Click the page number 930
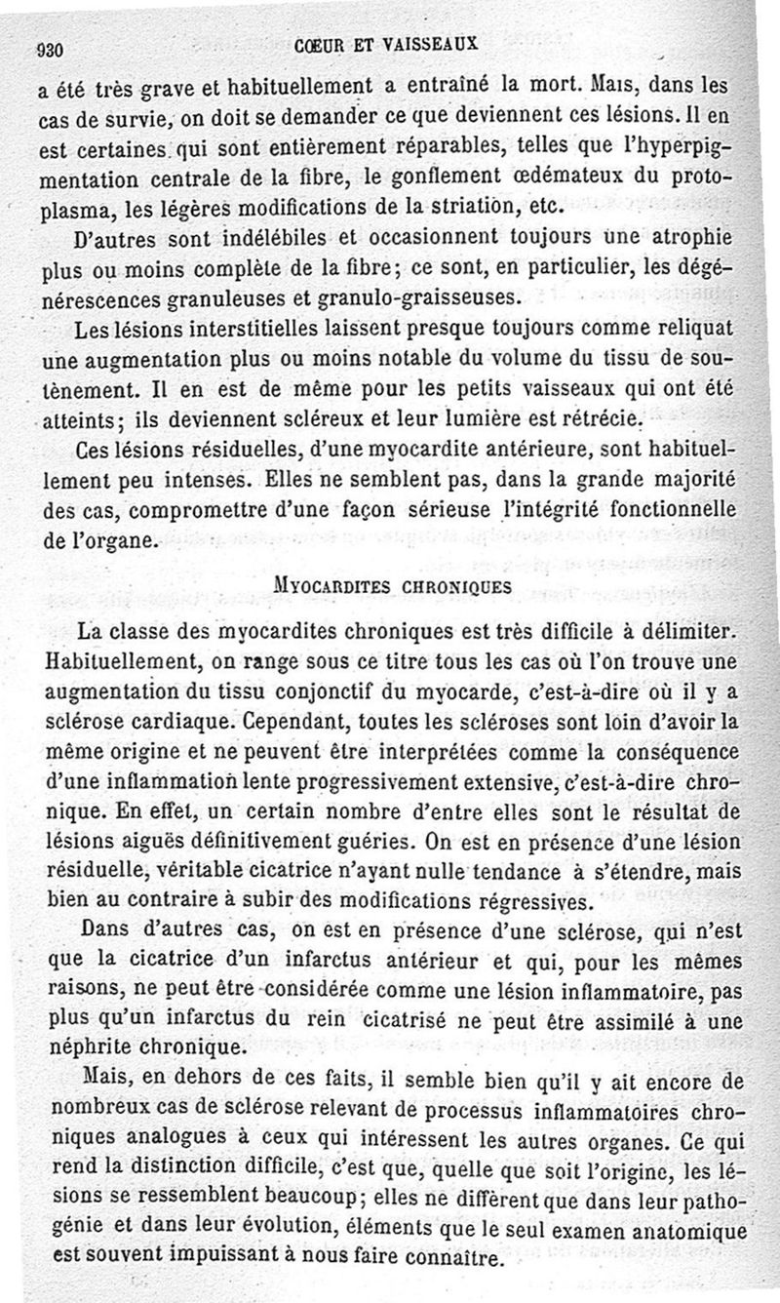click(49, 48)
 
